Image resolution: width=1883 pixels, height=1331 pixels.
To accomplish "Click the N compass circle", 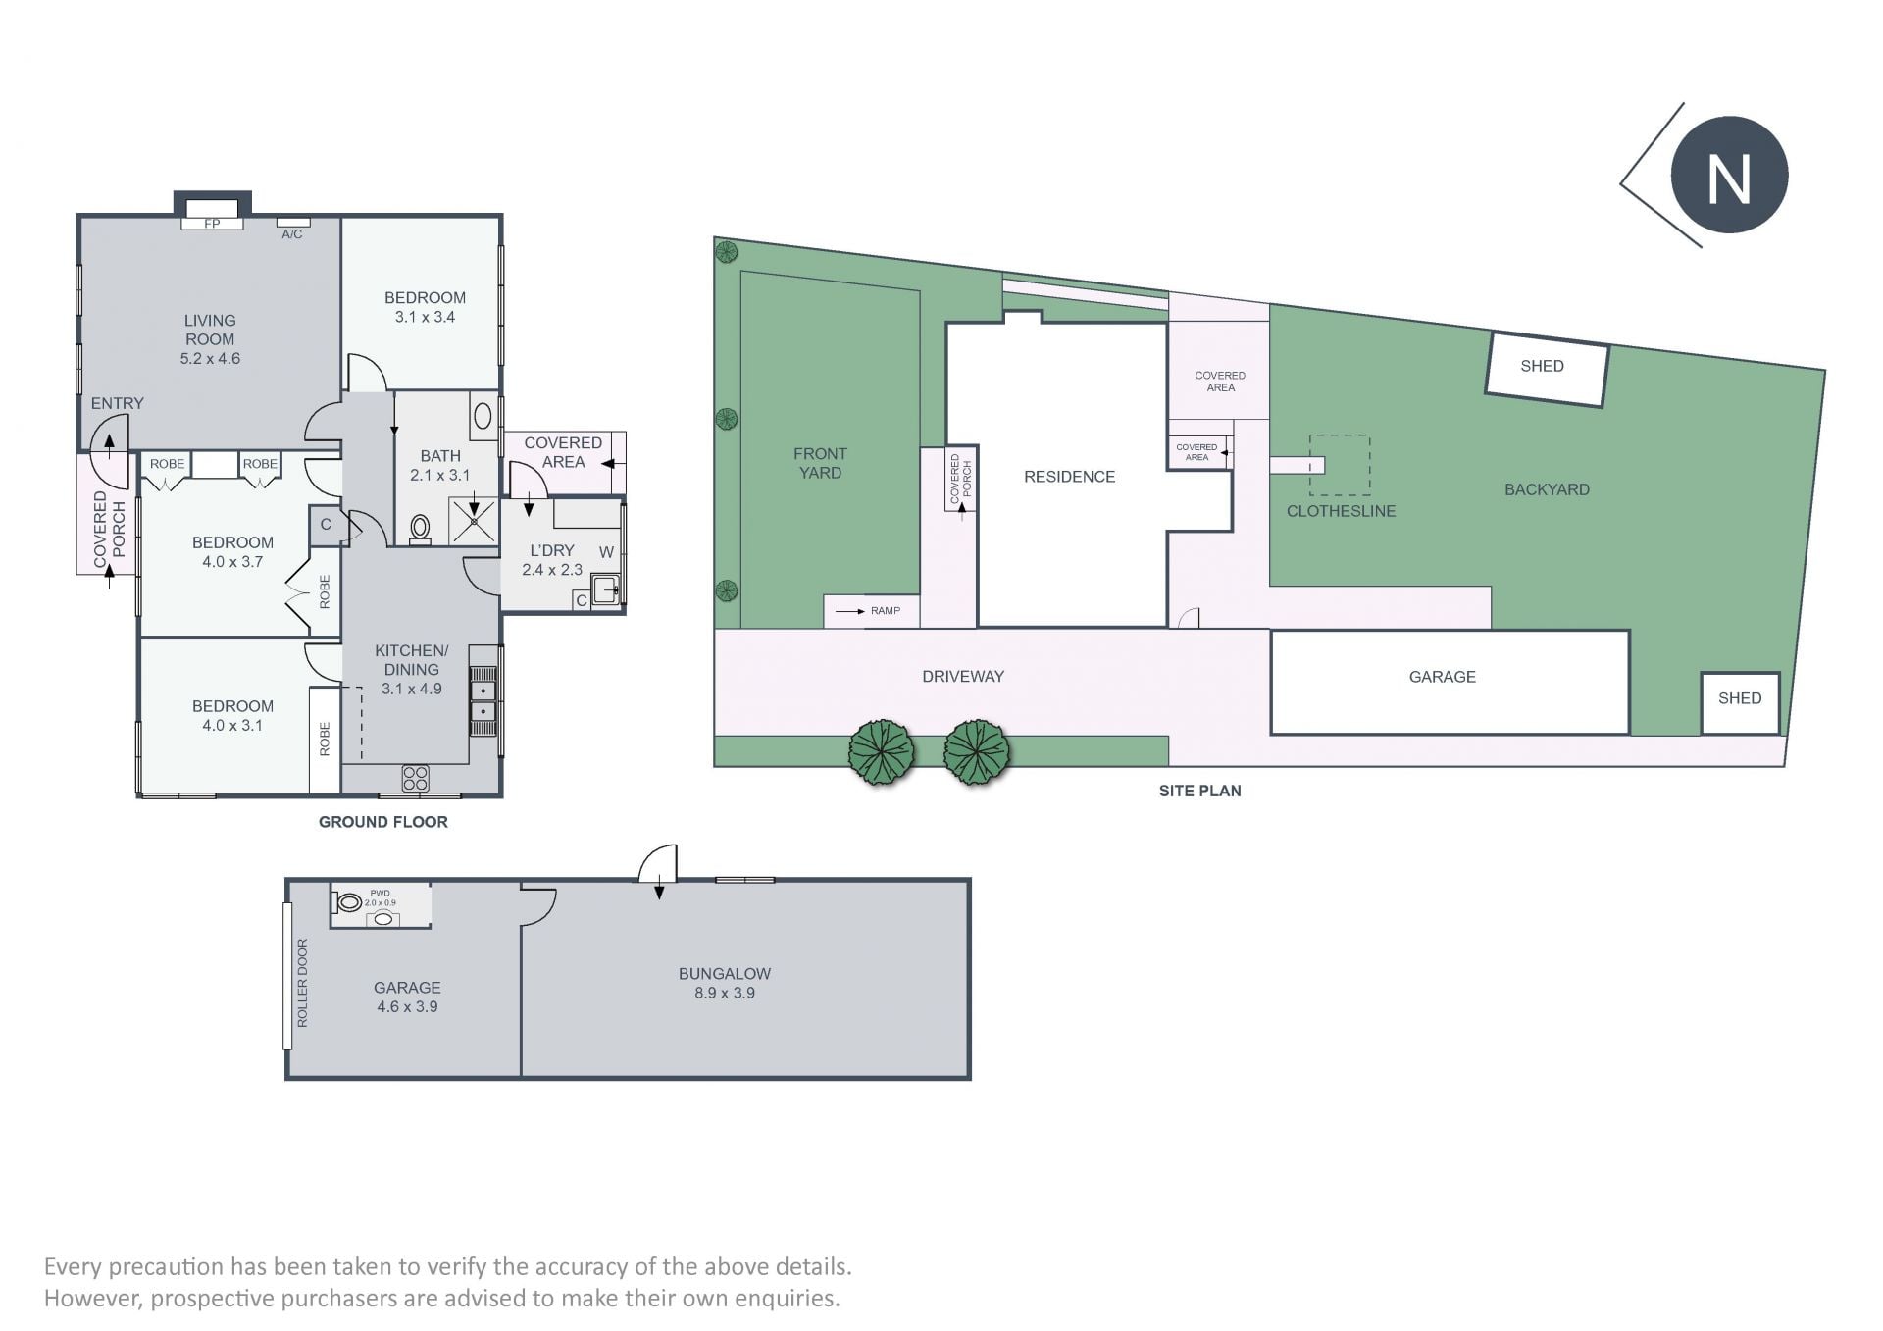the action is (1729, 176).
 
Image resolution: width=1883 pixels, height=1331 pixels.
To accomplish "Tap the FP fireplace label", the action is (212, 224).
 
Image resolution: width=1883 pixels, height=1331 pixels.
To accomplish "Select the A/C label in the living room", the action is (292, 234).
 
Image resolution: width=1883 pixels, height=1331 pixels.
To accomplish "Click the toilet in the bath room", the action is (421, 529).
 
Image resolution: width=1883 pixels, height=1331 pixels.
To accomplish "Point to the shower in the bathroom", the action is (474, 522).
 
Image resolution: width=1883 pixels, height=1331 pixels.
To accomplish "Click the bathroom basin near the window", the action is (483, 415).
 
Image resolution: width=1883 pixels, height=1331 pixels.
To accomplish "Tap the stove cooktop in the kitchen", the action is (416, 779).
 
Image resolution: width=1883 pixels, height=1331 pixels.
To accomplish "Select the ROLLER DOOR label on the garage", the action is (302, 983).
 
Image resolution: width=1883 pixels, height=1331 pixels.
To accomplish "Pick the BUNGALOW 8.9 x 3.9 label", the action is (725, 983).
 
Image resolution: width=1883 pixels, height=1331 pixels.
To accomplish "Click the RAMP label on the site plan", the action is (886, 611).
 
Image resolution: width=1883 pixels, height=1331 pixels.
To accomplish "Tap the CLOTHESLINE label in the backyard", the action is (1341, 511).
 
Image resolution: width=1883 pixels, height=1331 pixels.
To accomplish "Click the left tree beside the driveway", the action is (882, 752).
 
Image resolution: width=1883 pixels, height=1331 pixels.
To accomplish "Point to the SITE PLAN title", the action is (1199, 791).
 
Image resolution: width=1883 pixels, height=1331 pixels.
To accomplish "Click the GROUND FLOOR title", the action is (383, 822).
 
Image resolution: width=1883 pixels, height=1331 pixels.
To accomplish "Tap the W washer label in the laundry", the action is (606, 552).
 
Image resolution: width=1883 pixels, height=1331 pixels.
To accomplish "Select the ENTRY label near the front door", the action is (117, 403).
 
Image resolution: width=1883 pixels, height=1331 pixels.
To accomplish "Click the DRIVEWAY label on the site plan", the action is (963, 676).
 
